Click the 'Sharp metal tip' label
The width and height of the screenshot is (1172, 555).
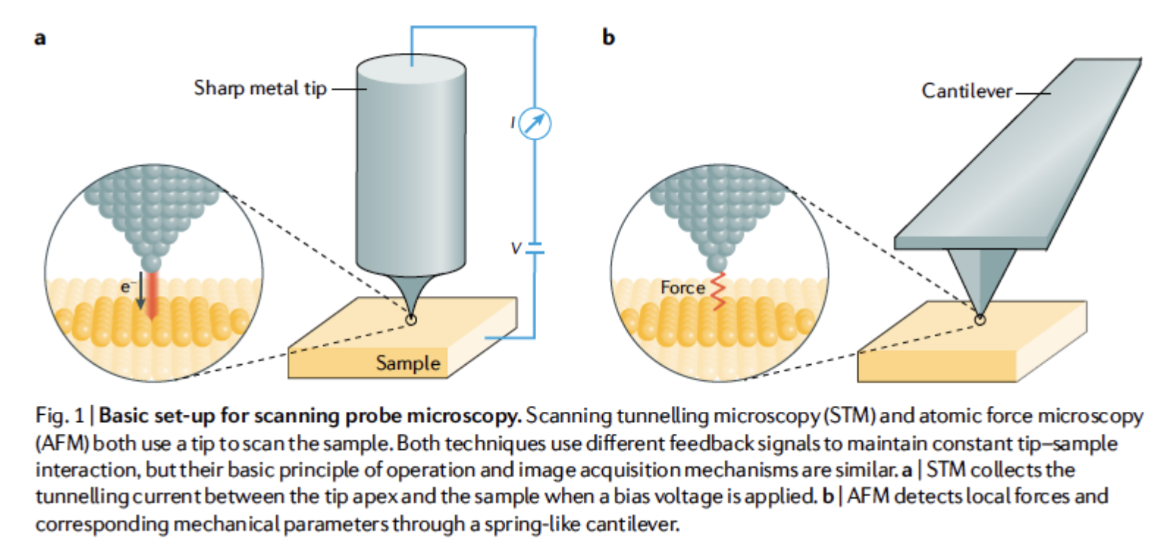pos(260,89)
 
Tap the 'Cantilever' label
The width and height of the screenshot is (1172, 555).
pos(966,91)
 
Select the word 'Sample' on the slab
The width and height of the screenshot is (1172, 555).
pos(408,363)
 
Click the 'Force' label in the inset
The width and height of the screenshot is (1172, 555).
pos(682,288)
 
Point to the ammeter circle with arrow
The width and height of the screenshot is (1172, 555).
pos(535,123)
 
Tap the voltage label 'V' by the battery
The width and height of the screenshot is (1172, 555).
pos(516,249)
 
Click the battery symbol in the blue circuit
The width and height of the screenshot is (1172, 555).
pos(535,248)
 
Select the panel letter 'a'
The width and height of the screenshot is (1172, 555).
pos(40,37)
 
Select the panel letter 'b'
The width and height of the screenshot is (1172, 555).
pos(608,37)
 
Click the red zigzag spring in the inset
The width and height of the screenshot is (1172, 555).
pos(717,291)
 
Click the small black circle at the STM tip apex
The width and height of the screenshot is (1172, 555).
pos(411,319)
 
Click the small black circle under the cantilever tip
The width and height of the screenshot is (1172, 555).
pos(980,319)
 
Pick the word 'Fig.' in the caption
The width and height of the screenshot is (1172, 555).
pos(50,416)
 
